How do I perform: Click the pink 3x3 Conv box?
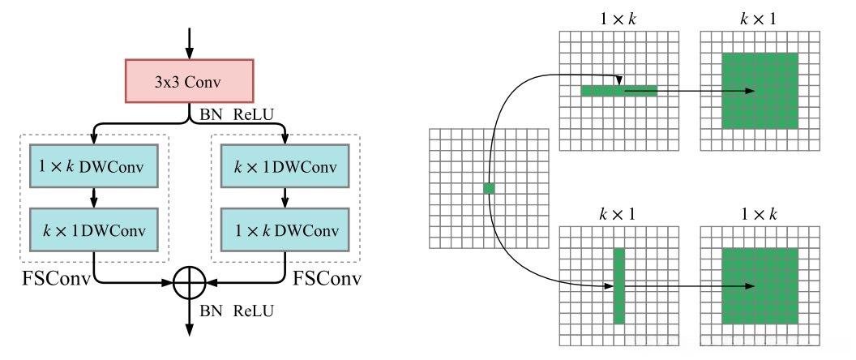[190, 81]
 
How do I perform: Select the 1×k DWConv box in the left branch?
[93, 166]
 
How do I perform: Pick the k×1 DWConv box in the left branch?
[93, 229]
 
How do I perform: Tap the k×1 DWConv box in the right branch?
[285, 166]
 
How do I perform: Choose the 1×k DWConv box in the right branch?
[285, 229]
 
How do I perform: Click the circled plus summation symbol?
[190, 283]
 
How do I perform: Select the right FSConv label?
[327, 278]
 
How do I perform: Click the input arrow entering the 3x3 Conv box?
[190, 43]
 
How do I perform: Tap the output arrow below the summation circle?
[190, 318]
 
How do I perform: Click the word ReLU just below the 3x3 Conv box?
[253, 114]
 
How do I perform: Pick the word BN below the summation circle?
[211, 311]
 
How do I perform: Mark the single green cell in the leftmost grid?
[489, 188]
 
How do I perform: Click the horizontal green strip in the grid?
[618, 91]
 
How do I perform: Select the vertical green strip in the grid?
[618, 285]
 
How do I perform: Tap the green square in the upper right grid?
[760, 91]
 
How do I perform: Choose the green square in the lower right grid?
[760, 285]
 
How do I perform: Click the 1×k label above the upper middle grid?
[618, 19]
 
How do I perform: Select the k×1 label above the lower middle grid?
[618, 214]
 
